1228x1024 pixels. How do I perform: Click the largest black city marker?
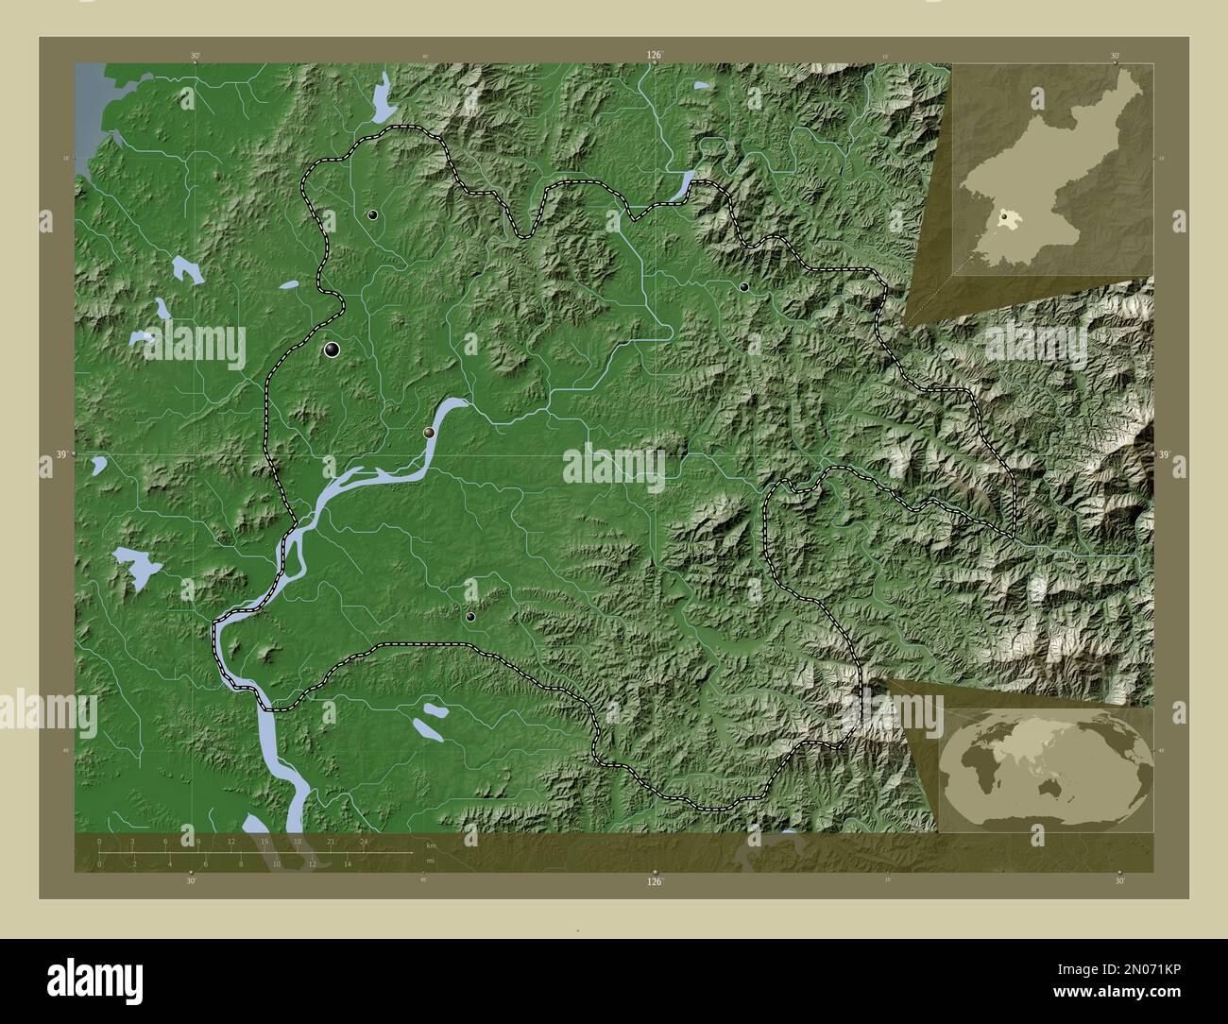pos(333,350)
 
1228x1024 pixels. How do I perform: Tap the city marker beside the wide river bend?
pos(430,433)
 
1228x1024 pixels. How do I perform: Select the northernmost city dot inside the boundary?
pos(374,215)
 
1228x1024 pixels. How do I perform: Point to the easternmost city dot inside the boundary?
pos(744,286)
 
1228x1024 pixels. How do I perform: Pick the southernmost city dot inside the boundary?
pos(470,617)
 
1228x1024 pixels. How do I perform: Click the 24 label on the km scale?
pos(364,841)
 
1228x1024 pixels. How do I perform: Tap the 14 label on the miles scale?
pos(348,863)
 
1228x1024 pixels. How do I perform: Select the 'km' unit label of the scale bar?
pos(432,845)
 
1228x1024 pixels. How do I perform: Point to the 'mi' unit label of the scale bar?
pos(431,861)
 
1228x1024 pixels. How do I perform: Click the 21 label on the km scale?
pos(331,841)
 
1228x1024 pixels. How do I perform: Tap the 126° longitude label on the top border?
pos(654,56)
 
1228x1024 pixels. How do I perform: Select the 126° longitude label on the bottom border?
pos(654,882)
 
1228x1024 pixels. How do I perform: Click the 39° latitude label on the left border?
pos(60,455)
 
